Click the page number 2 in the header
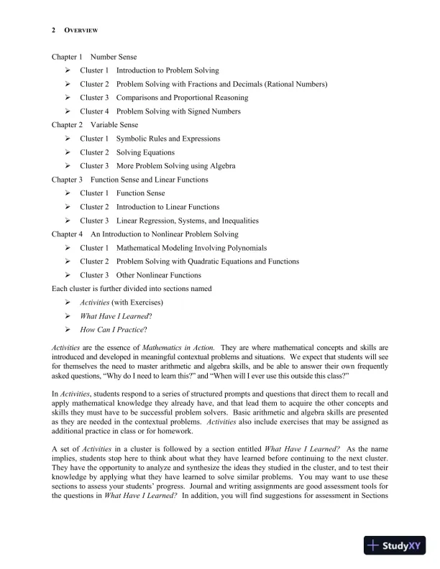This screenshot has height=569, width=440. (54, 30)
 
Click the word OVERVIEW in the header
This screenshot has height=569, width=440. (81, 30)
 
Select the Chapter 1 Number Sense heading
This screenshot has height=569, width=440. (93, 57)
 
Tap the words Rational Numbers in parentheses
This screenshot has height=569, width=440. (296, 84)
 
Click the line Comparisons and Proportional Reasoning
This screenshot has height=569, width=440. (182, 98)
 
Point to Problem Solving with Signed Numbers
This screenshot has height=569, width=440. (178, 111)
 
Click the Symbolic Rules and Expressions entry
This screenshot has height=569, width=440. (168, 139)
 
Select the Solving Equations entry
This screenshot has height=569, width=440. (145, 152)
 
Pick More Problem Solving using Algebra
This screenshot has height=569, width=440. (175, 166)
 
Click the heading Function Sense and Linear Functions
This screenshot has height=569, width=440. (150, 180)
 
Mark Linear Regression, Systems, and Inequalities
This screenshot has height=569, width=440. (187, 221)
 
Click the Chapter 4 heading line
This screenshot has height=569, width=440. (145, 234)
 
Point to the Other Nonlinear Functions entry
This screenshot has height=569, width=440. (158, 275)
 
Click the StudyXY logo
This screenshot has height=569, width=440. (394, 545)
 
